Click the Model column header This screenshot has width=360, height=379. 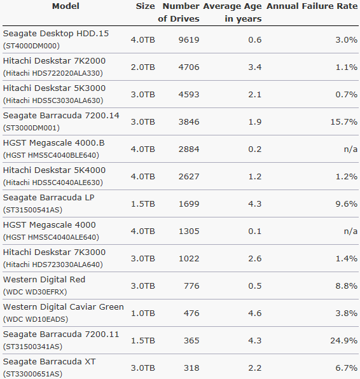pyautogui.click(x=66, y=6)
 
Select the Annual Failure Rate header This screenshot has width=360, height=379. pyautogui.click(x=312, y=6)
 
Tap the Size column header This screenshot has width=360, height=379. pyautogui.click(x=145, y=6)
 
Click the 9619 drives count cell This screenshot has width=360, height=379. pyautogui.click(x=189, y=39)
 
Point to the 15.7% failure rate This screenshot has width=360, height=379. pyautogui.click(x=344, y=121)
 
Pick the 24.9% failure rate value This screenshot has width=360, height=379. pyautogui.click(x=344, y=340)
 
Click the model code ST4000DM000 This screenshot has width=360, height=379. pyautogui.click(x=31, y=46)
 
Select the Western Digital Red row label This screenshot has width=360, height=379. pyautogui.click(x=44, y=279)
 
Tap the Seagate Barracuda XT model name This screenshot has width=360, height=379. pyautogui.click(x=50, y=362)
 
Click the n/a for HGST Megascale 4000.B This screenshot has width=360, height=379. pyautogui.click(x=350, y=149)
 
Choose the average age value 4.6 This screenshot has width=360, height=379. pyautogui.click(x=255, y=313)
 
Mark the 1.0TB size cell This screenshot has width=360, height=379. pyautogui.click(x=143, y=313)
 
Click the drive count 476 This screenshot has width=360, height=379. pyautogui.click(x=191, y=313)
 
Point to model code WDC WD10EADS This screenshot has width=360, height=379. pyautogui.click(x=36, y=319)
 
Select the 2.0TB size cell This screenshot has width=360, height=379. pyautogui.click(x=143, y=67)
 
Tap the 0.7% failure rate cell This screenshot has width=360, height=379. pyautogui.click(x=347, y=94)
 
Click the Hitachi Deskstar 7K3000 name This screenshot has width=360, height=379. pyautogui.click(x=54, y=252)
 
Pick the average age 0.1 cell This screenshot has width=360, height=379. pyautogui.click(x=255, y=231)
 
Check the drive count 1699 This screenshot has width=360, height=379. pyautogui.click(x=189, y=203)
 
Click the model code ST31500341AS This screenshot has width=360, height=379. pyautogui.click(x=32, y=347)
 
